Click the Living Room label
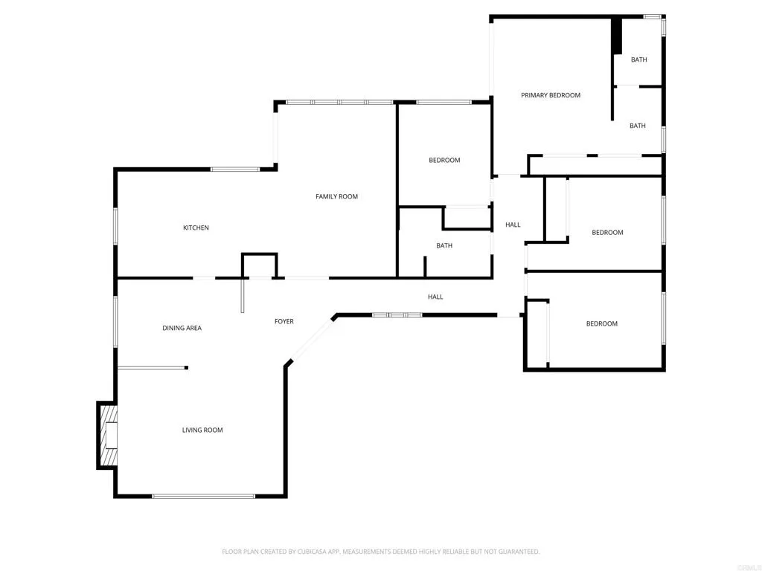202,430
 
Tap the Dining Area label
182,328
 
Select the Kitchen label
196,228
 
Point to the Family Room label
336,196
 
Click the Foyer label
284,321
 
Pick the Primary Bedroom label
550,95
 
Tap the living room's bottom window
203,496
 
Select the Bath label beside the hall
444,245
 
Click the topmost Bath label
638,59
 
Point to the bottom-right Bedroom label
601,323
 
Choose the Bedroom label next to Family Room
444,160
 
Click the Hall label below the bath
435,297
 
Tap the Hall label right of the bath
513,225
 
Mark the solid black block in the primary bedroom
616,35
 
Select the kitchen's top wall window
234,170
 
